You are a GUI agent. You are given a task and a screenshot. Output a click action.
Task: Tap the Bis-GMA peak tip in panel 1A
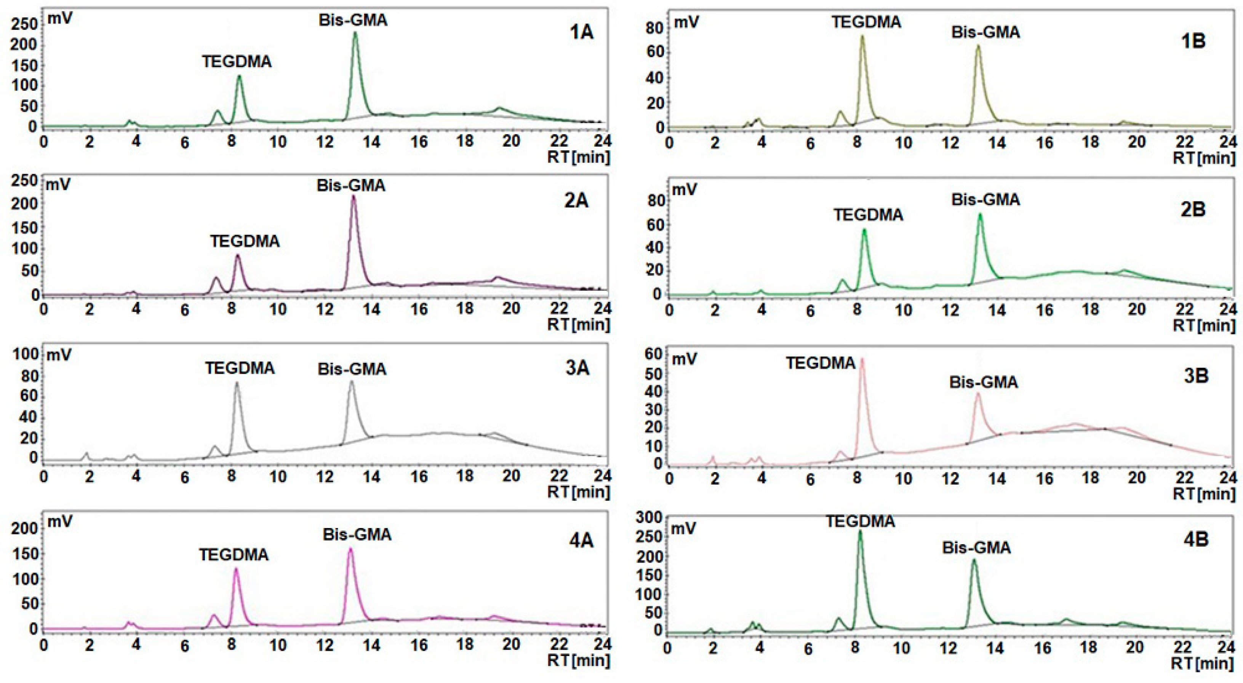(x=355, y=33)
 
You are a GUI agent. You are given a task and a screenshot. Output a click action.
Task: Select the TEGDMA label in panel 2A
(x=245, y=241)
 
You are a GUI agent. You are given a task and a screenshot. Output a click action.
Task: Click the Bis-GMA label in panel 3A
(x=352, y=369)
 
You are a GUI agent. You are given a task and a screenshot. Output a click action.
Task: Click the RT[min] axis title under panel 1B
(x=1203, y=158)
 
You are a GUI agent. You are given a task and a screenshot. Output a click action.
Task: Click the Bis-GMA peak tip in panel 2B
(x=979, y=215)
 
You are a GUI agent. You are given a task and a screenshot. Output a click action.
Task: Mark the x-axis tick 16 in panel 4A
(x=419, y=645)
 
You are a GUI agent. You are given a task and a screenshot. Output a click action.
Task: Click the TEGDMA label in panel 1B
(x=867, y=22)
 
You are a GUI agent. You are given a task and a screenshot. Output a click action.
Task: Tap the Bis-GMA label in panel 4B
(x=977, y=547)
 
